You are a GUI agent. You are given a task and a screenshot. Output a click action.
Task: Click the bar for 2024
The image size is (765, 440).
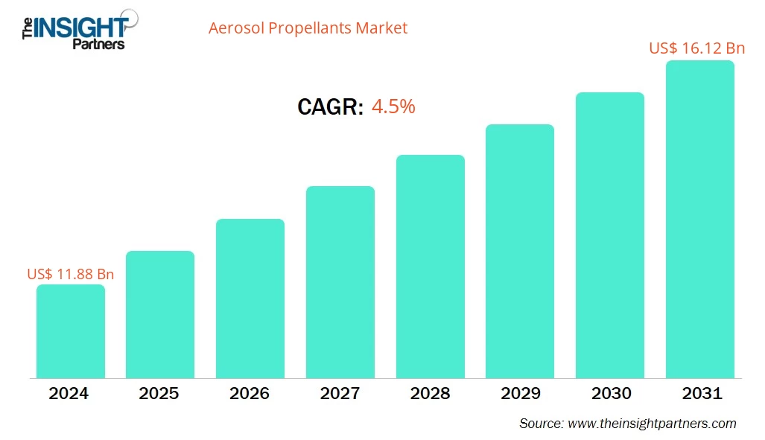[70, 331]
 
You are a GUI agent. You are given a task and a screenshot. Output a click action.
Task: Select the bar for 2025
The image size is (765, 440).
[159, 314]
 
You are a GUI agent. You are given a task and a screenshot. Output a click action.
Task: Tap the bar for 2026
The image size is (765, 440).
[250, 299]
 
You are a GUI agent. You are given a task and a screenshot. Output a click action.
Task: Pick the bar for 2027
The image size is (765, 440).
[340, 282]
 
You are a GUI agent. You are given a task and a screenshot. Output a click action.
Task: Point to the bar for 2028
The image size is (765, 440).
[430, 267]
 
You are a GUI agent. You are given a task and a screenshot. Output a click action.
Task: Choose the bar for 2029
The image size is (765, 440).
[519, 251]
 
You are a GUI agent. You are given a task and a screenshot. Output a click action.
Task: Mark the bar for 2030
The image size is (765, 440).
[609, 235]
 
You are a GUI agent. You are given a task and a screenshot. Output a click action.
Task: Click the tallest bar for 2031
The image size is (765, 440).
[699, 220]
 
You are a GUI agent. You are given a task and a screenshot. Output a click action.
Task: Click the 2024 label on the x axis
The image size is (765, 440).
[70, 394]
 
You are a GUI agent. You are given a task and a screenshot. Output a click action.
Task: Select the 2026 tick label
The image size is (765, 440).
[250, 394]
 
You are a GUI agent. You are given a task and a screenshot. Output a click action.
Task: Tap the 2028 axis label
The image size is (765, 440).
[430, 394]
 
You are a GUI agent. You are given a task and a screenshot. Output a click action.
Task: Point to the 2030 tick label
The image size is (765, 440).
[609, 394]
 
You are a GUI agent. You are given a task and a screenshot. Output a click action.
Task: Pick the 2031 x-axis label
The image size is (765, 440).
[699, 394]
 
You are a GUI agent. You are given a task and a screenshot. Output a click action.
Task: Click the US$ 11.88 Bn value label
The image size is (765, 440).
[71, 274]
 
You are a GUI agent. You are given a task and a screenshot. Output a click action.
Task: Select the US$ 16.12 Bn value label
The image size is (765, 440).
[696, 48]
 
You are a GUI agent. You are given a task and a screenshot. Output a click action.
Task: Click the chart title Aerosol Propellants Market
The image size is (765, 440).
[308, 28]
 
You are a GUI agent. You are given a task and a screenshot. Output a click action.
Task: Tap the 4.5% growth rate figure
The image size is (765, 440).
[393, 106]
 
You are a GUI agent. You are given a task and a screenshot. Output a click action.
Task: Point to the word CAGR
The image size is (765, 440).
[330, 107]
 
